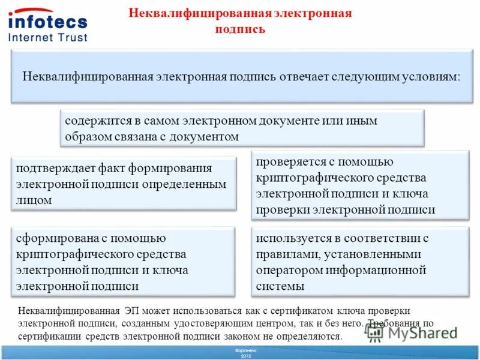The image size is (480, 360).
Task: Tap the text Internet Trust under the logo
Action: (48, 37)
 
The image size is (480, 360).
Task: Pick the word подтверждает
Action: (52, 168)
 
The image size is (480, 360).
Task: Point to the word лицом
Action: (34, 200)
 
